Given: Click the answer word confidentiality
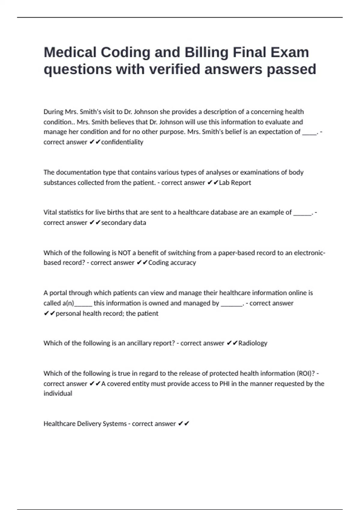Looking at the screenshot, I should pos(122,142).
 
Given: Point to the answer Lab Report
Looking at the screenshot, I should pos(235,182).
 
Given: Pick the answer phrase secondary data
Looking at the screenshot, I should pos(124,223).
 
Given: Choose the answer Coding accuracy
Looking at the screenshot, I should pos(172,262).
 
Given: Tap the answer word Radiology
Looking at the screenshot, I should pos(253,343).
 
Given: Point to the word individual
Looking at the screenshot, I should pos(58,393).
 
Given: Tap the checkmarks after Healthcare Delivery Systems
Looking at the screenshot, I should pos(184,424).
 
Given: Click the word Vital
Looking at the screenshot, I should pos(49,212).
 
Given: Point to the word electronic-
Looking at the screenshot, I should pos(310,253).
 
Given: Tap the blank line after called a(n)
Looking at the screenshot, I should pos(83,304).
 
